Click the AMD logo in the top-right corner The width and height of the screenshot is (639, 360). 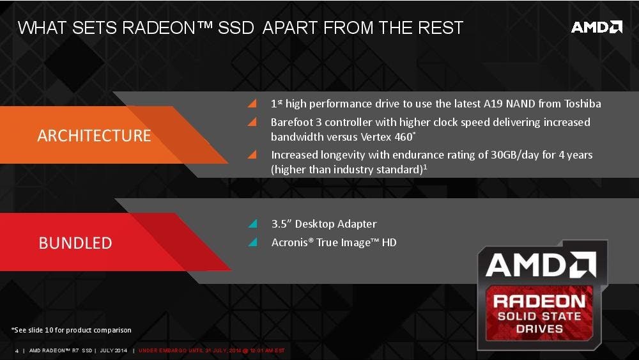(597, 27)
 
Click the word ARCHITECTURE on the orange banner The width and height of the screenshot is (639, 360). (94, 136)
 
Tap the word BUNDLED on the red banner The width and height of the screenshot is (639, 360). (75, 243)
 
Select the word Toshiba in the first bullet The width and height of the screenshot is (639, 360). (582, 104)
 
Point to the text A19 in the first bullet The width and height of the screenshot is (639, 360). (493, 104)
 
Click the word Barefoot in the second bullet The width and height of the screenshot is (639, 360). (291, 122)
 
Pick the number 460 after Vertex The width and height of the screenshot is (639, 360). (404, 137)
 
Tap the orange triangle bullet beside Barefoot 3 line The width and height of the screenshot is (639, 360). (252, 121)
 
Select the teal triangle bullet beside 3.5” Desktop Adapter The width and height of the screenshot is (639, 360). (253, 223)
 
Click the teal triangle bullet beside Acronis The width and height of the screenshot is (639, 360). (253, 242)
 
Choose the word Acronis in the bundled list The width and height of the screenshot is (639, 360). (289, 242)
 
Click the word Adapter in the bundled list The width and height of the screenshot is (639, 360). (358, 224)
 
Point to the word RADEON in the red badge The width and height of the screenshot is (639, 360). (539, 301)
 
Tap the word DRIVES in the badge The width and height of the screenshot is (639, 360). (539, 329)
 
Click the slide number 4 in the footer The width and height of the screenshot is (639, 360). (17, 350)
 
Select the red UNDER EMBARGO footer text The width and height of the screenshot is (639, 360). (212, 350)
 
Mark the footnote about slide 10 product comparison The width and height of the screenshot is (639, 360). (72, 330)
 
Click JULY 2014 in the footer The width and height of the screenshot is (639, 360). (113, 350)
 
